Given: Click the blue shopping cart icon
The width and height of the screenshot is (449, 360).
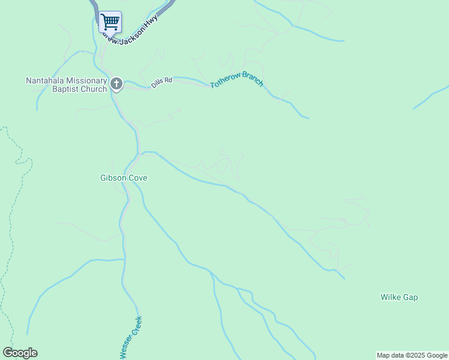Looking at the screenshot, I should [x=110, y=22].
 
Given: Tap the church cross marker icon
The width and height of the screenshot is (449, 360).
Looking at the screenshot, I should [x=116, y=84].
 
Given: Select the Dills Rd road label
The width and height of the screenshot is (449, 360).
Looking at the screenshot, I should [x=161, y=82].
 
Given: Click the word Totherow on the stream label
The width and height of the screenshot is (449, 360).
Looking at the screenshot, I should [x=225, y=83].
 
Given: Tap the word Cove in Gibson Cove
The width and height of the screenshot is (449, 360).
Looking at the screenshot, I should [x=137, y=178].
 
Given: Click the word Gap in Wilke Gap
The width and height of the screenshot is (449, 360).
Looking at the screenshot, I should [x=411, y=298].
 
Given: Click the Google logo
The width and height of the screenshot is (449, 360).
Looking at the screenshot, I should [x=20, y=353].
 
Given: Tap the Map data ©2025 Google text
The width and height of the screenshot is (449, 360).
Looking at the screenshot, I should [x=412, y=355].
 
